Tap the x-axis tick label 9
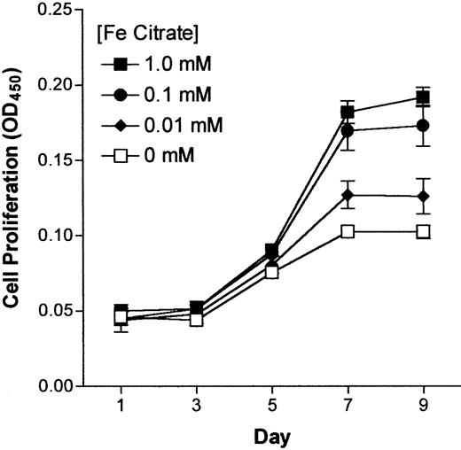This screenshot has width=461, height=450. click(423, 406)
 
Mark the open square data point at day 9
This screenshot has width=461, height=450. click(423, 231)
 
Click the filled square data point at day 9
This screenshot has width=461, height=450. click(423, 97)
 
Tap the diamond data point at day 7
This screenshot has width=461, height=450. click(348, 195)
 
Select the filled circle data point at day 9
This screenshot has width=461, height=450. click(423, 126)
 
